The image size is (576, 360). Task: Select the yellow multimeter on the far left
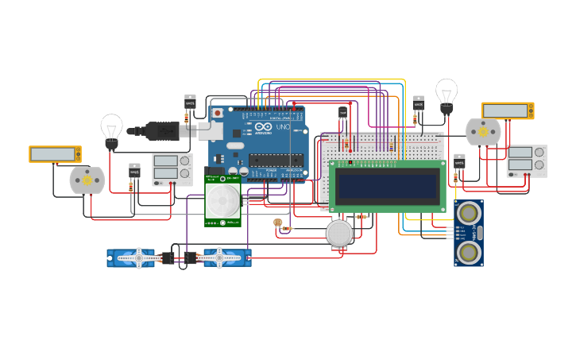[x=55, y=154]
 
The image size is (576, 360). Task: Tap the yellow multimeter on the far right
[x=507, y=110]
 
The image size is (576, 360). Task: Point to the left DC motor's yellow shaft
[x=87, y=180]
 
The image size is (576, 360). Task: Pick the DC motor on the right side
[x=483, y=133]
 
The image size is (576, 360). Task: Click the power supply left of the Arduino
[x=172, y=169]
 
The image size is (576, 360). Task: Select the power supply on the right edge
[x=526, y=161]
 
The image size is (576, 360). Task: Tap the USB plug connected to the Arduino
[x=163, y=130]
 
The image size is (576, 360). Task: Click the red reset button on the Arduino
[x=218, y=114]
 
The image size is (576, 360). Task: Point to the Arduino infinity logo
[x=263, y=128]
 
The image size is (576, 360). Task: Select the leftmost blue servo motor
[x=132, y=257]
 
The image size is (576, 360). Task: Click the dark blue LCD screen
[x=387, y=186]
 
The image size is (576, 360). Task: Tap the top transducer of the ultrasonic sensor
[x=468, y=214]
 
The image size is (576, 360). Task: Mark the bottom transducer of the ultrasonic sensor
[x=469, y=252]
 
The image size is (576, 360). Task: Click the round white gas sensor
[x=339, y=233]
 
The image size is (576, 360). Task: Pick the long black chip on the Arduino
[x=276, y=161]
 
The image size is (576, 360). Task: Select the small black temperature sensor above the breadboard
[x=343, y=113]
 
